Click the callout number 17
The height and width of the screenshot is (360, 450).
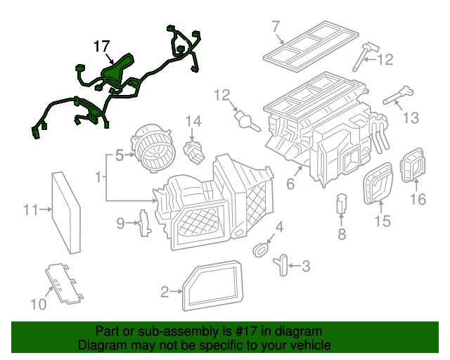[102, 47]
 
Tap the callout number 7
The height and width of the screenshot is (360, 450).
[276, 27]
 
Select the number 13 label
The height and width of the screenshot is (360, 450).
[410, 117]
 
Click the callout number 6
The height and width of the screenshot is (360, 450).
[290, 184]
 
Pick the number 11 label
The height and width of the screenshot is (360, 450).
[30, 209]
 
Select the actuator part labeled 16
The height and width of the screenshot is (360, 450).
[412, 166]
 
